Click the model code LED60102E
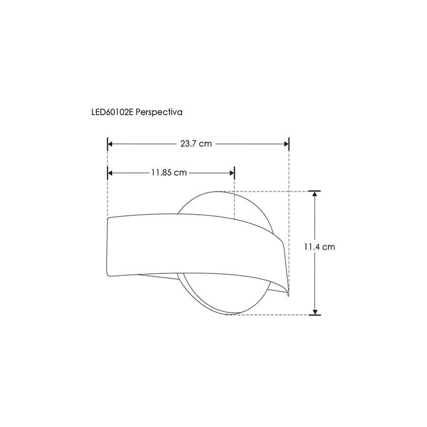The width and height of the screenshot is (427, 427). click(112, 112)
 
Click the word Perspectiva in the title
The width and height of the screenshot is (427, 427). click(159, 112)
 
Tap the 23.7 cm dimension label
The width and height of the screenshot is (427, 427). click(196, 144)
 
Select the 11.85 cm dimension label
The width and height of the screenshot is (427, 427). click(169, 173)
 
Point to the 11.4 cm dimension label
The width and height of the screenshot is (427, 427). click(320, 247)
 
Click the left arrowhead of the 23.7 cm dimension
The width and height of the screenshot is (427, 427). click(110, 144)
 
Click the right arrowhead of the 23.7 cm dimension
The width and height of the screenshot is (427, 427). click(286, 144)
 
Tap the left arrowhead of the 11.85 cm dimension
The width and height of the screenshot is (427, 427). click(110, 173)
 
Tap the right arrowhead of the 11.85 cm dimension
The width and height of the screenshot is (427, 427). click(232, 173)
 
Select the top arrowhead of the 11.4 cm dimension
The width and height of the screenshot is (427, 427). click(315, 193)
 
